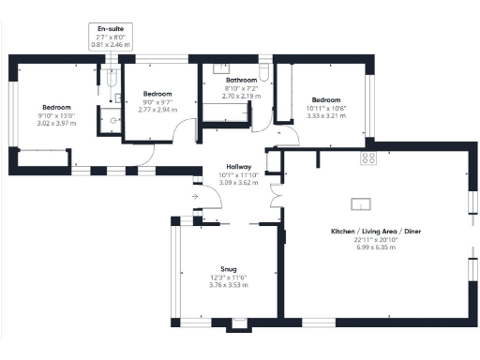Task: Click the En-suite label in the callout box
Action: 110,29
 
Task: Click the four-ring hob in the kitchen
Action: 368,158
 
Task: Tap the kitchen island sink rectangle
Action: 359,202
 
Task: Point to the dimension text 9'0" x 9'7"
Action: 157,102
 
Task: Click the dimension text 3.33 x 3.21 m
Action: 326,117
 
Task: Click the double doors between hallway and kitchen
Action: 275,195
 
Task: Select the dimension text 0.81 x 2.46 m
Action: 110,44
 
